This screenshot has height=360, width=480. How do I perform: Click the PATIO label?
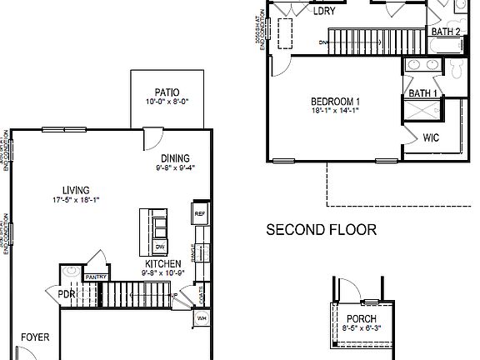click(x=167, y=92)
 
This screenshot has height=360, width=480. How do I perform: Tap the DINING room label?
click(x=174, y=158)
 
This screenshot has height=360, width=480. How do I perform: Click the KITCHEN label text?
click(x=159, y=262)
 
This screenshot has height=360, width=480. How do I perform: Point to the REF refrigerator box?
click(x=200, y=214)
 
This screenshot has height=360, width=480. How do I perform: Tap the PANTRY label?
click(x=95, y=277)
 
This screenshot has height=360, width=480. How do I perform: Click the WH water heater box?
click(x=201, y=317)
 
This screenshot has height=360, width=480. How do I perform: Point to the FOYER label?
click(x=36, y=337)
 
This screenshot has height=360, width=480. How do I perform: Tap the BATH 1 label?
click(x=422, y=93)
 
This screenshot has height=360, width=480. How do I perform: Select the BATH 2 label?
click(x=445, y=32)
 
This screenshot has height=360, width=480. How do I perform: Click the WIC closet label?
click(x=431, y=137)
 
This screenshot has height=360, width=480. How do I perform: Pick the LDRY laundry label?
click(x=324, y=12)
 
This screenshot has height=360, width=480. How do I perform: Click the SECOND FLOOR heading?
click(x=321, y=229)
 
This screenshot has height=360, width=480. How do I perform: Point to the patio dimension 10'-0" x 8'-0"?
click(x=167, y=102)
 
